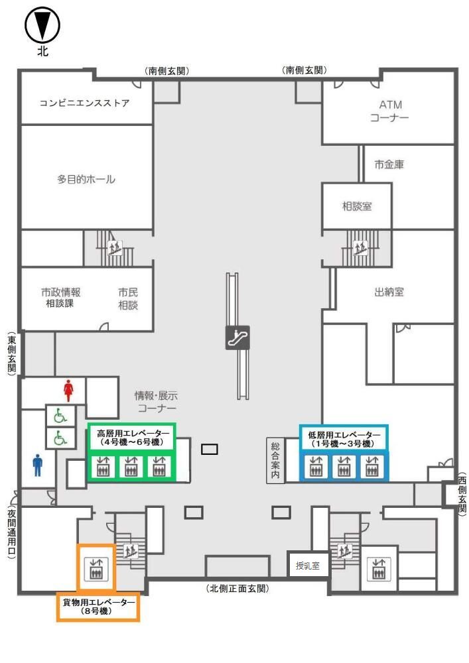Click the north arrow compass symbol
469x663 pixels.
[x=42, y=27]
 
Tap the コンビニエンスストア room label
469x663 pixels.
[x=84, y=103]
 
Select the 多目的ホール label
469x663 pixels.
[x=86, y=180]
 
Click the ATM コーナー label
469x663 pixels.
[x=390, y=111]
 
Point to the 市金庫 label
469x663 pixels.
[x=389, y=165]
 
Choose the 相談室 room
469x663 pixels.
[x=357, y=206]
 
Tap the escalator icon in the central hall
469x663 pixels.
[x=237, y=337]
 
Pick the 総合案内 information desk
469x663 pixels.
[x=275, y=461]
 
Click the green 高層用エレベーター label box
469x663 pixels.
[x=130, y=438]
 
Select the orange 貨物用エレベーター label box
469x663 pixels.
[x=98, y=606]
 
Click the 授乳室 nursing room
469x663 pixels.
[x=308, y=566]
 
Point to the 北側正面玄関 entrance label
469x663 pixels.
[x=237, y=588]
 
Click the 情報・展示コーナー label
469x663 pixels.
[x=156, y=402]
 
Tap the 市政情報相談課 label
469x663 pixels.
[x=61, y=298]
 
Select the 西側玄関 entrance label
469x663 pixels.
[x=462, y=495]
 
